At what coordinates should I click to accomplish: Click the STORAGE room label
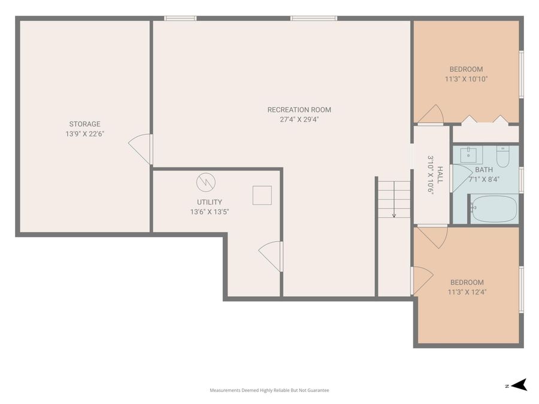coord(84,124)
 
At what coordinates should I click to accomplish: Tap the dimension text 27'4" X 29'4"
coord(299,119)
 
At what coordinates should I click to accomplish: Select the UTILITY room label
coord(209,202)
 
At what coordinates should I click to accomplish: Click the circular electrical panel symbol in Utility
coord(205,180)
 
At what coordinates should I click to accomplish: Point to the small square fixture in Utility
coord(261,195)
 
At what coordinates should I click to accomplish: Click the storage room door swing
coord(141,148)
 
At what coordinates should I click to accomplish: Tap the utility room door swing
coord(271,256)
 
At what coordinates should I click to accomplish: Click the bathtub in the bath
coord(493,209)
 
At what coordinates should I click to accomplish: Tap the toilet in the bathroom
coord(502,157)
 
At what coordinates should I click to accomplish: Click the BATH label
coord(483,169)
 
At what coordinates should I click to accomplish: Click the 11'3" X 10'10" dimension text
coord(466,78)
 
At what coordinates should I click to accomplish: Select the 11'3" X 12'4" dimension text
coord(467,292)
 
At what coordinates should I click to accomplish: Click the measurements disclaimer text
coord(269,390)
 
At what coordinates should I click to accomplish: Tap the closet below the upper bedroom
coord(485,132)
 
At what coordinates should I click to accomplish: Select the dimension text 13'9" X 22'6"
coord(84,133)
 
